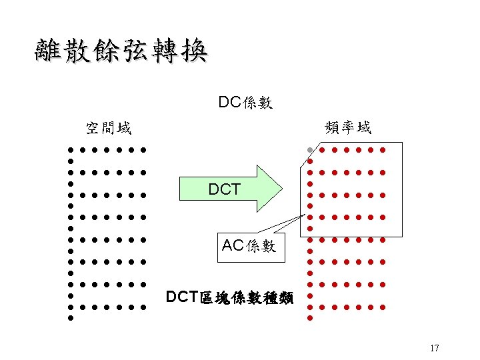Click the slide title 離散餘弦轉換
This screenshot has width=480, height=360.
click(x=121, y=51)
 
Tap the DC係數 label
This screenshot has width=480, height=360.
click(x=245, y=103)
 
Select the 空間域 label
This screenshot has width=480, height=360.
click(x=108, y=127)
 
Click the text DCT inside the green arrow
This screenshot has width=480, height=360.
click(x=224, y=190)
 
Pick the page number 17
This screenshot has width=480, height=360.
click(x=435, y=348)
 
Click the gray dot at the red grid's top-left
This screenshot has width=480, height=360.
click(x=310, y=149)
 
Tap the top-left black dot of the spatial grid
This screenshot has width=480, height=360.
click(x=69, y=149)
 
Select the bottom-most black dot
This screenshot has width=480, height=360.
click(x=69, y=319)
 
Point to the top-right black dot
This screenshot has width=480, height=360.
click(x=143, y=149)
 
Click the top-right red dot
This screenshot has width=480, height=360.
click(x=383, y=149)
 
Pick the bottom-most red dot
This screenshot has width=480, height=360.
click(x=310, y=319)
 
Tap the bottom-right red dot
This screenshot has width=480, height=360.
click(x=383, y=307)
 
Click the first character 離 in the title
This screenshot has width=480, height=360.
click(x=49, y=51)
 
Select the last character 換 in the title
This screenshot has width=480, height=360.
click(x=192, y=51)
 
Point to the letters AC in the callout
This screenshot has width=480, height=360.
click(x=233, y=245)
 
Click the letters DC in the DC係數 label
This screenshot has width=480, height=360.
click(x=229, y=103)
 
